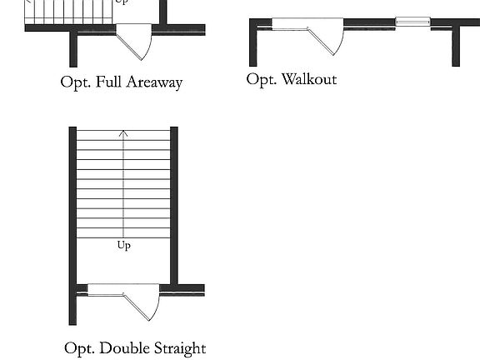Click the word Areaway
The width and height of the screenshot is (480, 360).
155,82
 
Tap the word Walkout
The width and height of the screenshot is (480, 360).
309,79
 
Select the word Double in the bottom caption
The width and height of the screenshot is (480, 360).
125,348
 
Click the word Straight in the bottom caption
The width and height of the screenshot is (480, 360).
180,348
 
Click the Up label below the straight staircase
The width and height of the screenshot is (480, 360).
124,246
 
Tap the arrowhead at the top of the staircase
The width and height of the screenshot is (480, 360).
123,133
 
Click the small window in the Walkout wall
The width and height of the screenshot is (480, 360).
412,22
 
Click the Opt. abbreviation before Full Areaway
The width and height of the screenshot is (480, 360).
76,82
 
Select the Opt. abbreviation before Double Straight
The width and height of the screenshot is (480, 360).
80,348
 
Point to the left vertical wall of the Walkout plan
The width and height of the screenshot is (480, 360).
253,42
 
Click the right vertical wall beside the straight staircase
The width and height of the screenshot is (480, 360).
174,206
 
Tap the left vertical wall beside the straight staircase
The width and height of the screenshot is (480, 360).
72,226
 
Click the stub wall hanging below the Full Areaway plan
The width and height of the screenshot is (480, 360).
73,49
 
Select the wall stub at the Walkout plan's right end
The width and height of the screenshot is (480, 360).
456,46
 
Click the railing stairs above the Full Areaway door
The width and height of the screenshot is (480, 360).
68,12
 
